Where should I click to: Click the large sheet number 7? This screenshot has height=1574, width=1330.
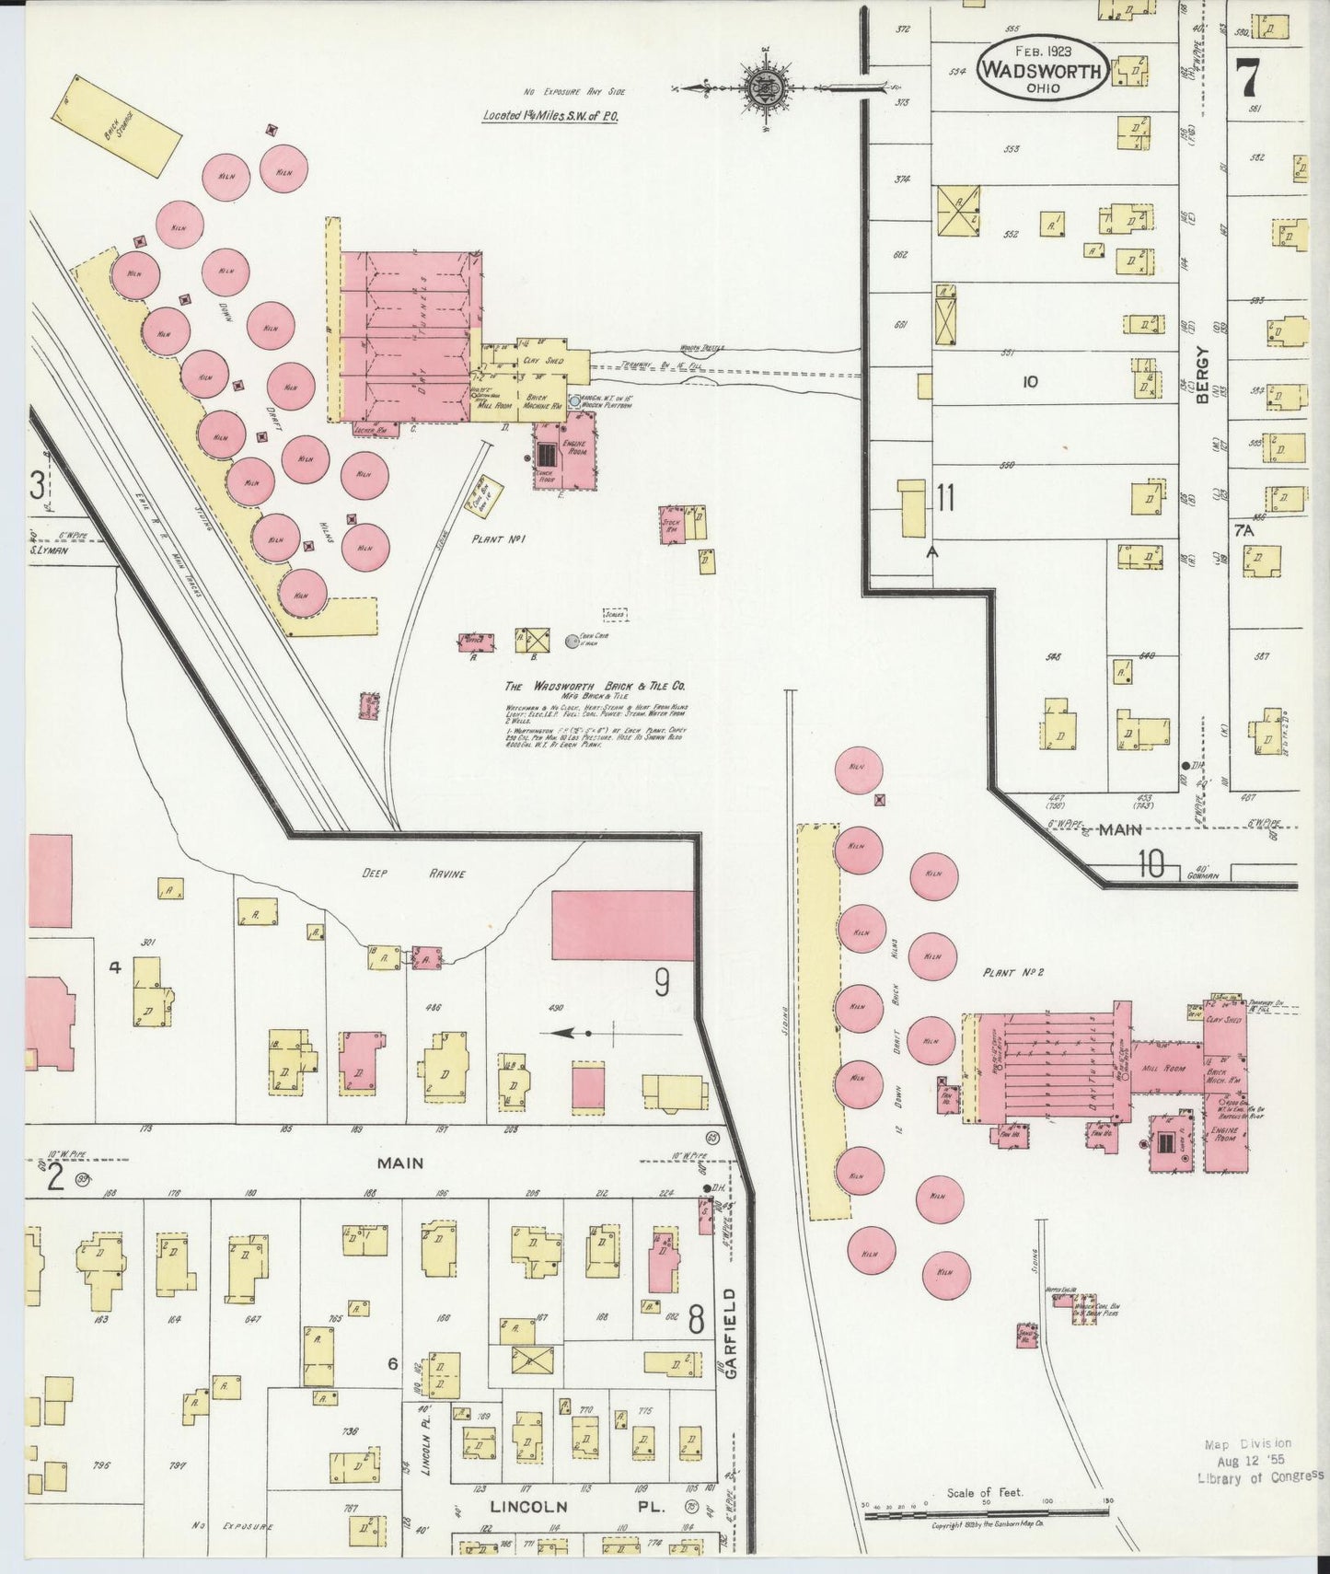[1247, 77]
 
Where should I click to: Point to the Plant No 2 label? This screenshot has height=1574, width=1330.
[1012, 972]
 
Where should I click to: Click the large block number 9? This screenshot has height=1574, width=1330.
[662, 985]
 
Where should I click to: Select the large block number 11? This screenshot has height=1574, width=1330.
[945, 498]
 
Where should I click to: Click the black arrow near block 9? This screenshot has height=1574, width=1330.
[577, 1034]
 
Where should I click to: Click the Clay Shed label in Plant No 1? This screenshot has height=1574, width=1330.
[542, 361]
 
